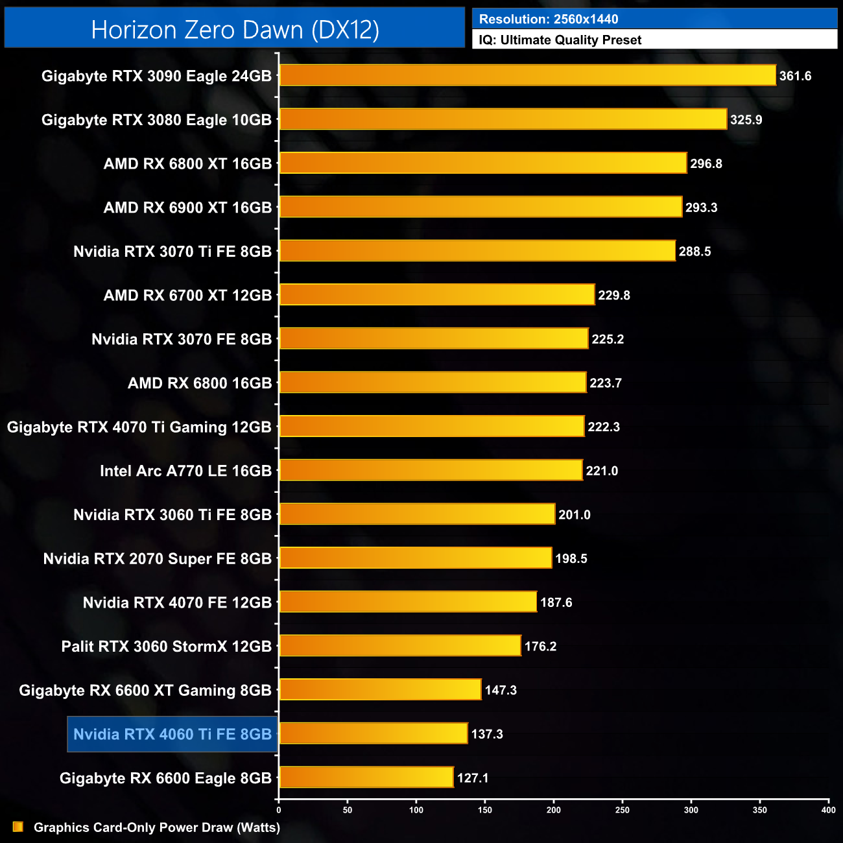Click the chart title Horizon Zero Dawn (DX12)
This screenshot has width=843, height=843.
coord(235,30)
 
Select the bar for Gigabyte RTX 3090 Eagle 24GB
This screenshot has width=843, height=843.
coord(527,75)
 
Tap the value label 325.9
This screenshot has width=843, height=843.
coord(746,120)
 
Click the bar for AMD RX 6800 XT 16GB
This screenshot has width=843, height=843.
coord(482,163)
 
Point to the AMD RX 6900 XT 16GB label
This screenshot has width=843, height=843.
coord(187,208)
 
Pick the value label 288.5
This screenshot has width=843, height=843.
coord(695,252)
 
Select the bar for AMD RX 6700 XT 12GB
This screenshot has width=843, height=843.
coord(436,295)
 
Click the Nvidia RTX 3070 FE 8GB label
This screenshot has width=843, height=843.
coord(182,339)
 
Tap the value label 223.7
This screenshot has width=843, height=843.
coord(605,383)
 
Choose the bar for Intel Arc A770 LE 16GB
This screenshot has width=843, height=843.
coord(431,470)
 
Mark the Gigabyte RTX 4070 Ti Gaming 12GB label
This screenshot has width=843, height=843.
coord(139,427)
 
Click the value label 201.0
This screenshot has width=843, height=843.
coord(574,515)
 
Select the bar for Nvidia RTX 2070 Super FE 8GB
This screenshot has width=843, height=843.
coord(415,558)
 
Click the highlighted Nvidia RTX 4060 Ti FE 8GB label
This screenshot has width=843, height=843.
coord(172,734)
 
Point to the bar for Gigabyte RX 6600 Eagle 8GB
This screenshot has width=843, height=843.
coord(366,778)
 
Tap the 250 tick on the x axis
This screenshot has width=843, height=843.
coord(623,810)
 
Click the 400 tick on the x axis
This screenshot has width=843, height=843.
coord(828,810)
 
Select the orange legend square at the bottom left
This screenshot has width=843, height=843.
coord(18,827)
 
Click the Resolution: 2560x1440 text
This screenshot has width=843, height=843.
coord(549,19)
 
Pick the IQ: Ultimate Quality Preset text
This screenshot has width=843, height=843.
coord(560,40)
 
